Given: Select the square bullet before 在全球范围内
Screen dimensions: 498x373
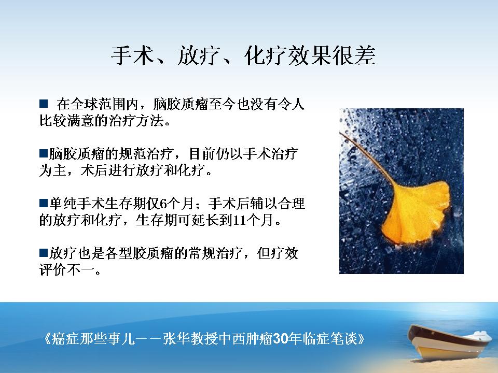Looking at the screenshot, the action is (x=44, y=104).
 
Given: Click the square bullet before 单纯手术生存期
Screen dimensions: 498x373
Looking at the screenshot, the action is (x=44, y=203).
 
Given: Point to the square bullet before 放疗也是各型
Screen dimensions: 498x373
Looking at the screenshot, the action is (x=44, y=253).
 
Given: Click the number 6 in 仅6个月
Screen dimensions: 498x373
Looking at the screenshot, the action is (x=163, y=204).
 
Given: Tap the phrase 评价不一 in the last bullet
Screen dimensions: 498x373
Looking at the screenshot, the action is (x=67, y=270).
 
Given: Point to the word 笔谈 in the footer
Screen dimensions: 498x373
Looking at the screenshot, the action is (x=344, y=339).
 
